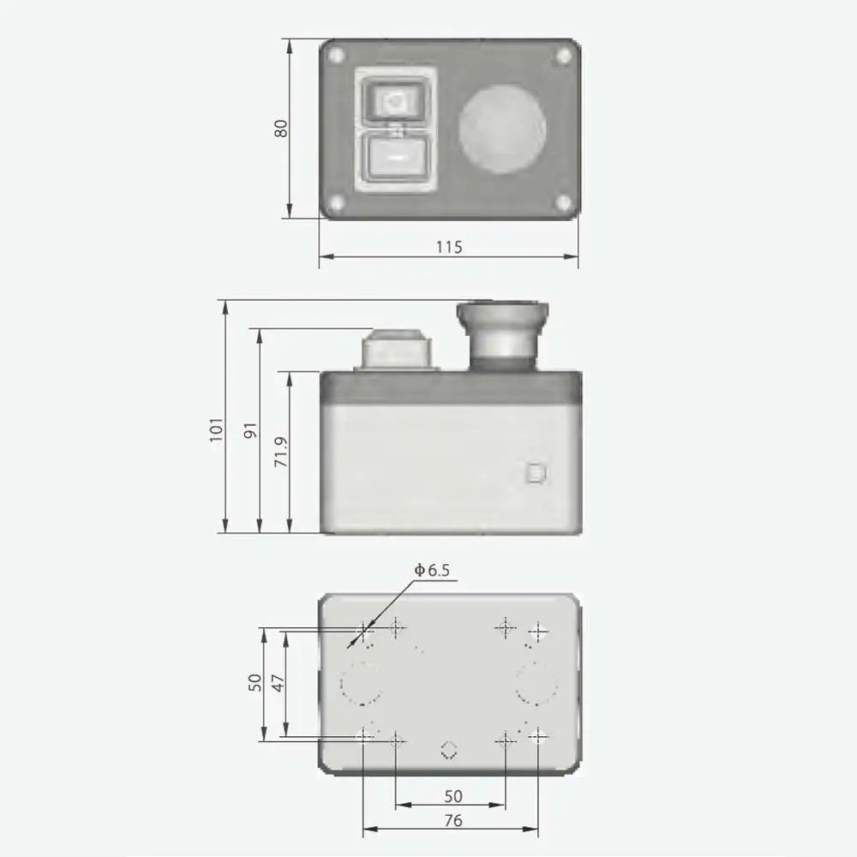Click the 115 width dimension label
(449, 247)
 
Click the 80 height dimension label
(280, 129)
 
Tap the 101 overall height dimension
(217, 429)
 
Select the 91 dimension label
(250, 431)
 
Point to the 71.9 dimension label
(281, 452)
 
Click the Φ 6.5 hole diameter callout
(432, 570)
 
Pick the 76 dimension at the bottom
(453, 820)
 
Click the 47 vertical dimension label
(279, 683)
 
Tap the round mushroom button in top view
(501, 129)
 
